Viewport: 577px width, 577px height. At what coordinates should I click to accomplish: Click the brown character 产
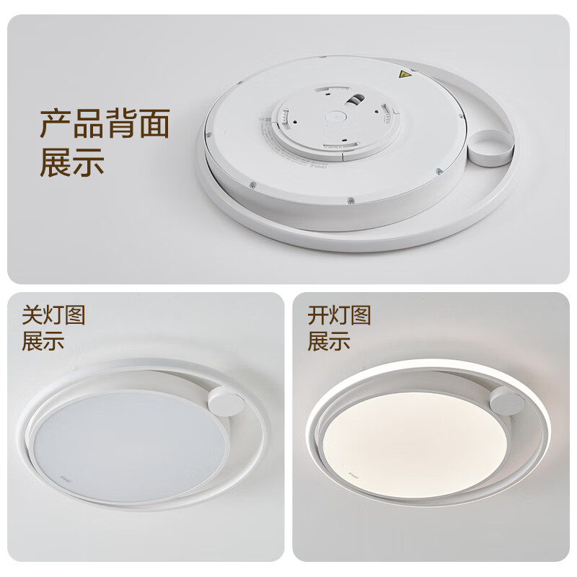click(56, 124)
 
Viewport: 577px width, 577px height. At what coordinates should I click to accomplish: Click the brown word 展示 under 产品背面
click(72, 162)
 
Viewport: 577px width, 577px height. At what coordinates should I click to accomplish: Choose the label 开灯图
click(340, 315)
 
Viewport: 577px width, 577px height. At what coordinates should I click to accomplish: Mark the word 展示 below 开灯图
click(329, 340)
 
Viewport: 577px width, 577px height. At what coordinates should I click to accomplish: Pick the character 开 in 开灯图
click(318, 315)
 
